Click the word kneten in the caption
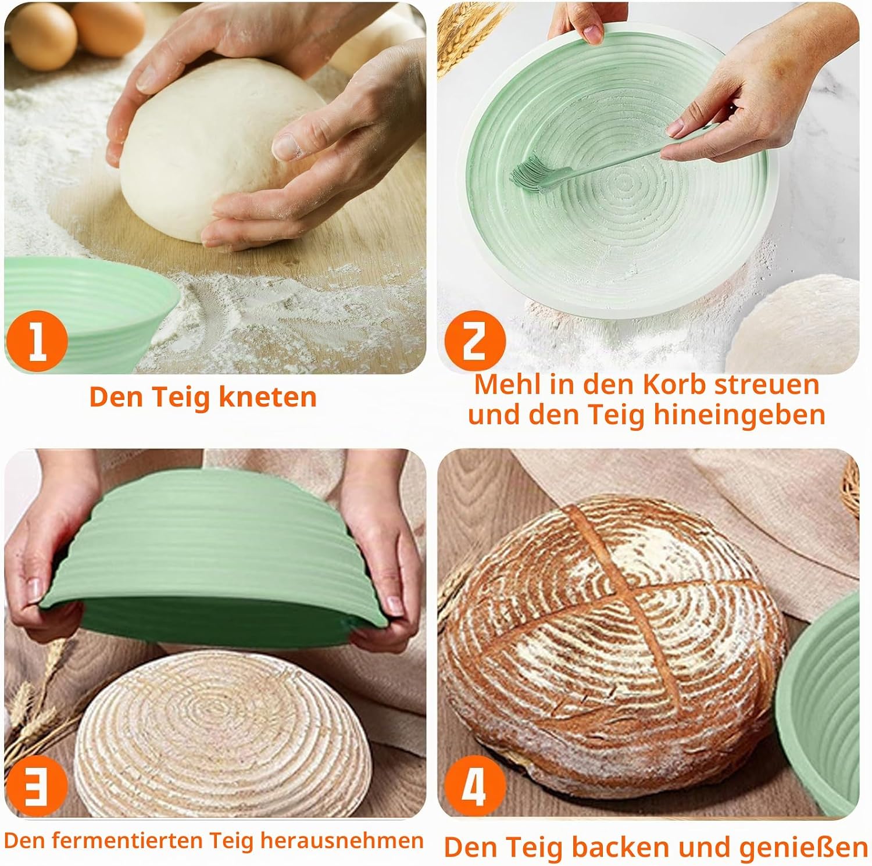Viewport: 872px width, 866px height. coord(268,397)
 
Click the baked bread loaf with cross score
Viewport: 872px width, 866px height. coord(613,631)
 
